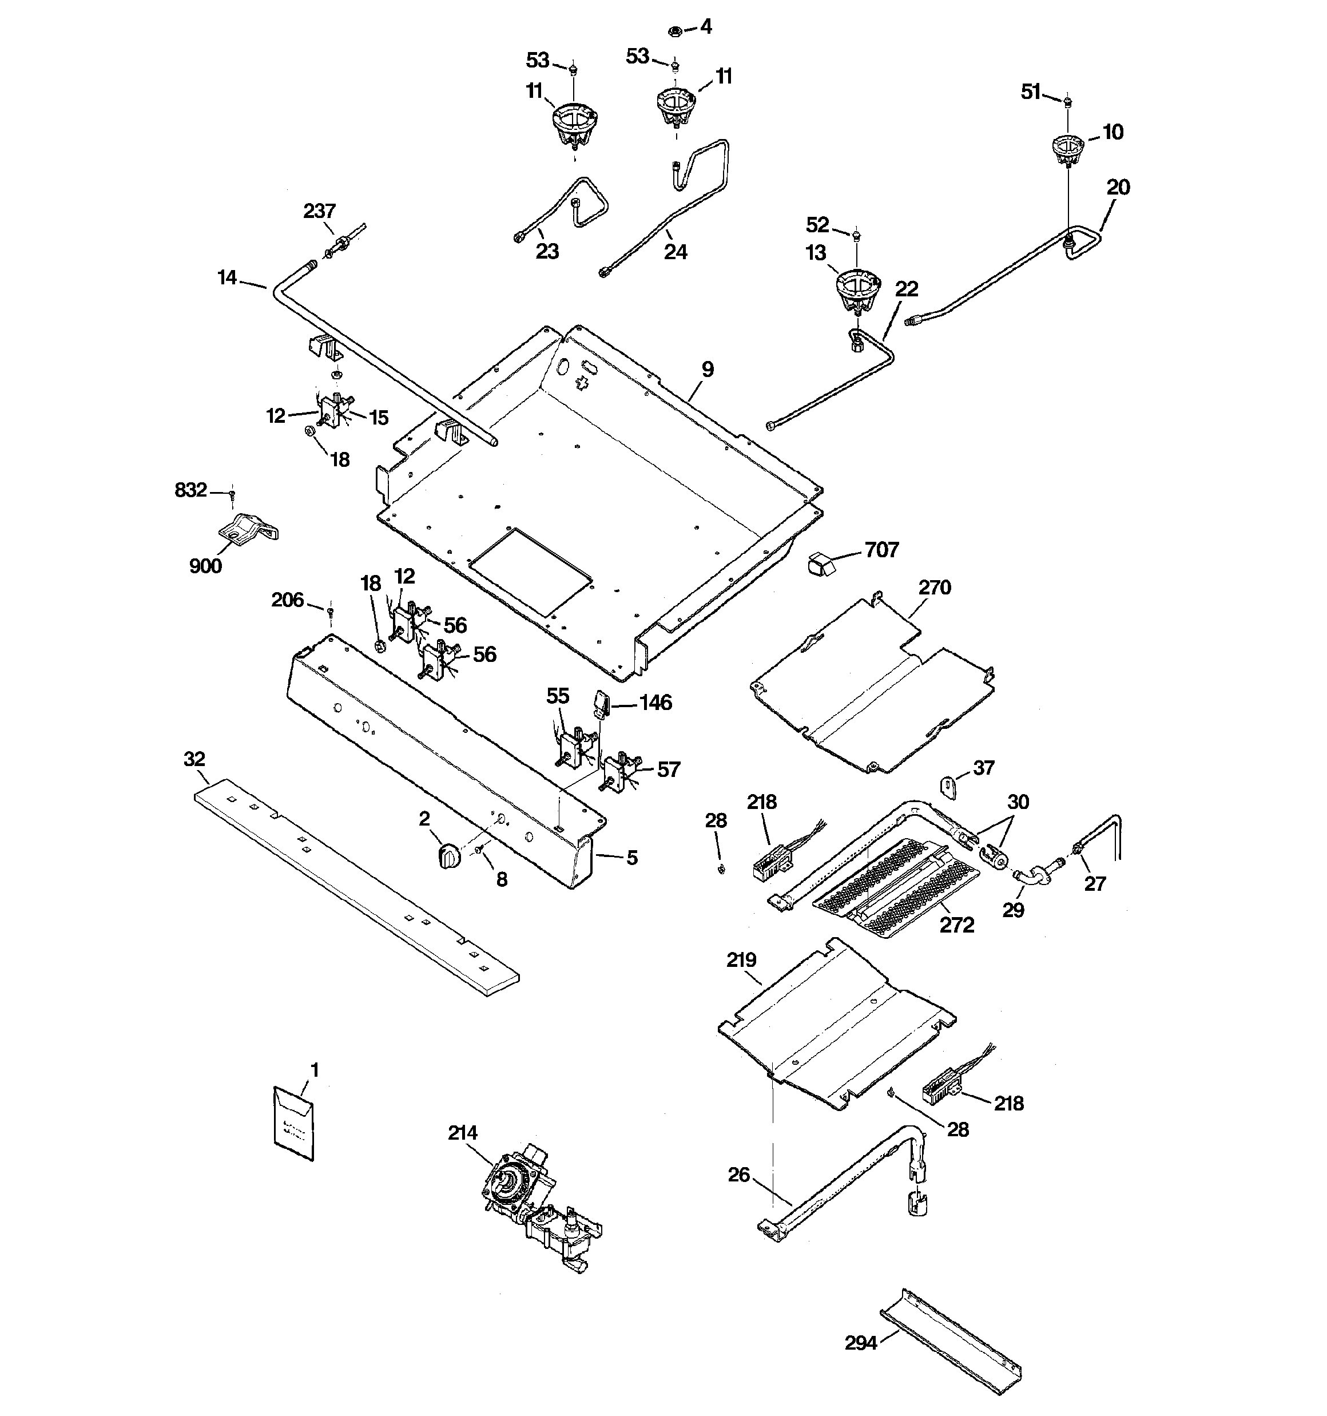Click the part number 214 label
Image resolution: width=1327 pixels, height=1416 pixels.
pos(462,1133)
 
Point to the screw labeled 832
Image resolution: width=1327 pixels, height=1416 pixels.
pos(232,492)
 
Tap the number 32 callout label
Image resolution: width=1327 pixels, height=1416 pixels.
pos(194,759)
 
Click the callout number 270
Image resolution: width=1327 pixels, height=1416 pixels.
pos(935,588)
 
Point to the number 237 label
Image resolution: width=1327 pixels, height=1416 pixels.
pos(319,211)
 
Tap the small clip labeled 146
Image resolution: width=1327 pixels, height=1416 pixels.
pos(602,704)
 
